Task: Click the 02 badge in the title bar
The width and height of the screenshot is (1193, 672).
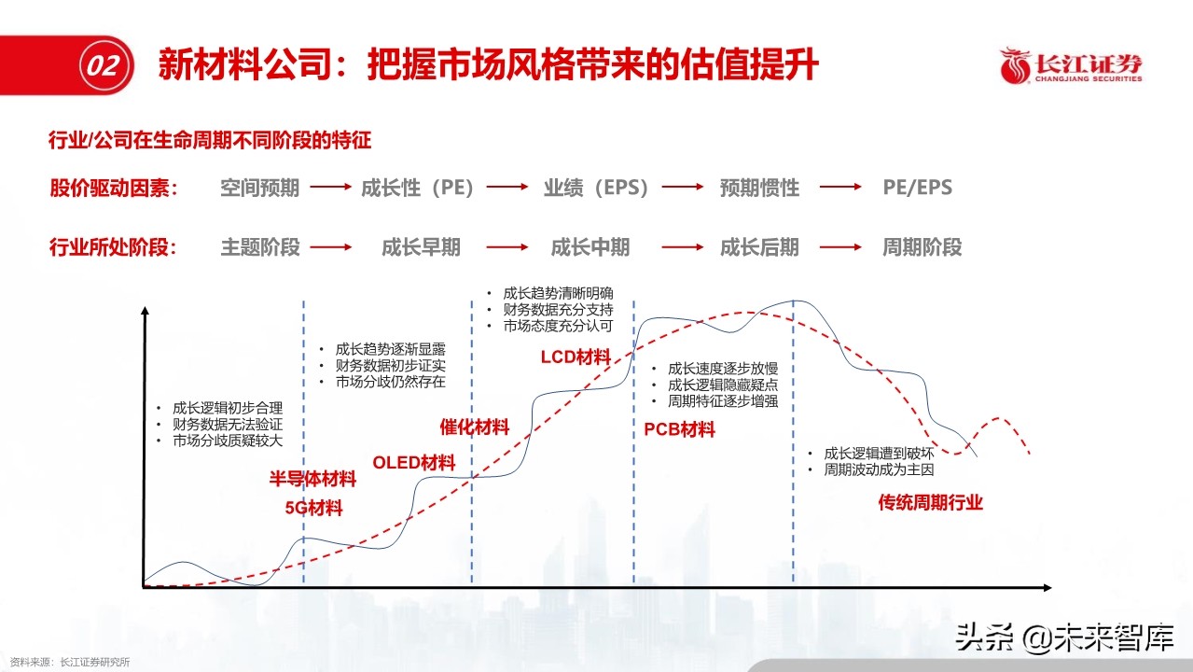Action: pyautogui.click(x=103, y=65)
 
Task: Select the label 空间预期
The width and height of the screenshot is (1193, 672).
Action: pyautogui.click(x=259, y=188)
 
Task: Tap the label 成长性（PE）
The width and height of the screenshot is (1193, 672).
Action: pyautogui.click(x=419, y=188)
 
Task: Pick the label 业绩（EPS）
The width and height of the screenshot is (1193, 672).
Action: pyautogui.click(x=596, y=188)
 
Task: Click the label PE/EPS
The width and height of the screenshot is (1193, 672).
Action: pyautogui.click(x=918, y=188)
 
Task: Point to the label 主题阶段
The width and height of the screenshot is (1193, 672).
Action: pyautogui.click(x=259, y=247)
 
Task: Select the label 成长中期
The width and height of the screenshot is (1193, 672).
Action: pyautogui.click(x=590, y=247)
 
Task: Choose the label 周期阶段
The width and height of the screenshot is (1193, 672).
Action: pyautogui.click(x=922, y=247)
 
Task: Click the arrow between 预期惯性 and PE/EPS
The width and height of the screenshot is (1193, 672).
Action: pyautogui.click(x=840, y=188)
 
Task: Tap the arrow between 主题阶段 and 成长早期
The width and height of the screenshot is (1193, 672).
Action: pyautogui.click(x=331, y=247)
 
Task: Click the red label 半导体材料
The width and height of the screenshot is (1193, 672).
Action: pyautogui.click(x=313, y=480)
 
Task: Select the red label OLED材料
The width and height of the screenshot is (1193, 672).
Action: pyautogui.click(x=413, y=463)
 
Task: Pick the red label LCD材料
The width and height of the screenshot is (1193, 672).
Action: pyautogui.click(x=576, y=357)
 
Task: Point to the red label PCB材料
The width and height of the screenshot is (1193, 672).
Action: pyautogui.click(x=679, y=430)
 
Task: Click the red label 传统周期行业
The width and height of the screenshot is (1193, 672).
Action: pyautogui.click(x=930, y=503)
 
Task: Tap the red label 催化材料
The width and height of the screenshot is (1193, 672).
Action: pyautogui.click(x=475, y=427)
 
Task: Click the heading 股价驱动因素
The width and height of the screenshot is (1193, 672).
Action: pyautogui.click(x=112, y=188)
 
